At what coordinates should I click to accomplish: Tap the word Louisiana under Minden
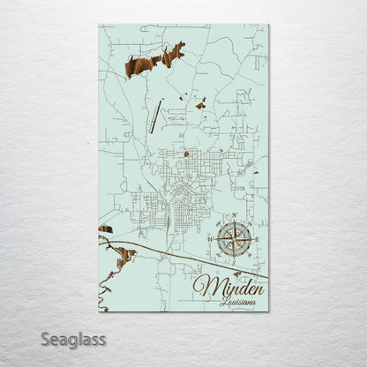click(238, 302)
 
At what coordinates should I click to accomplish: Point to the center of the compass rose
click(234, 239)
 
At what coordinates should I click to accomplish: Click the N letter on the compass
click(234, 216)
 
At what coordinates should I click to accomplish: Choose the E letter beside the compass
click(257, 239)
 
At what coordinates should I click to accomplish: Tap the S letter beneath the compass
click(234, 262)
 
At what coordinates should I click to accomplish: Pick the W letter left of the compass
click(210, 239)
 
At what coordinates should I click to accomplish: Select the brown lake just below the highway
click(126, 257)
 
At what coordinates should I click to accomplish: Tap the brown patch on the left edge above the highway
click(106, 229)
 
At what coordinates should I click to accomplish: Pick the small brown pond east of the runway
click(201, 105)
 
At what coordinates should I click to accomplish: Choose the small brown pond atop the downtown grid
click(186, 154)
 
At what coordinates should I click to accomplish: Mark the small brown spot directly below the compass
click(237, 273)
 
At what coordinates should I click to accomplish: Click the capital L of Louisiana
click(223, 302)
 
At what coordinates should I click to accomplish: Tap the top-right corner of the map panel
click(268, 25)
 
